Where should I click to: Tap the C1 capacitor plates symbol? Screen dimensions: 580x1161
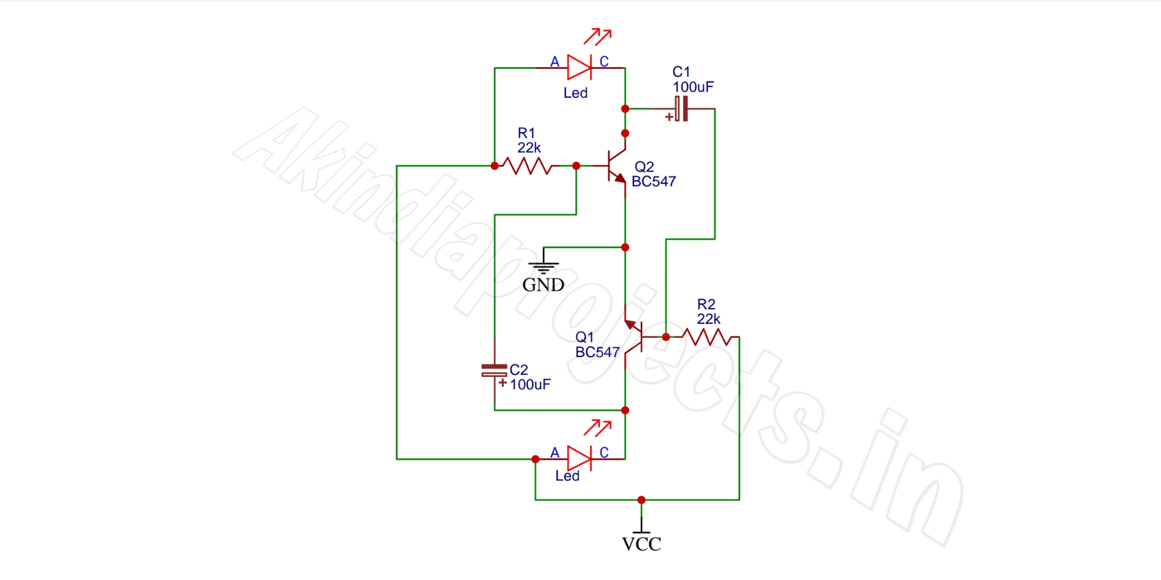coord(681,109)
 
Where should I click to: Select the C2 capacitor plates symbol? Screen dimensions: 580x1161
coord(494,370)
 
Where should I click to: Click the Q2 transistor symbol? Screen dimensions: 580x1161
coord(617,166)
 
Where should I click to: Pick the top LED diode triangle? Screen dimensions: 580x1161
coord(579,68)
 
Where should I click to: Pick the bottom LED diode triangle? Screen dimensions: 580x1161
coord(579,459)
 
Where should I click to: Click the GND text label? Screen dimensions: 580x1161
coord(543,285)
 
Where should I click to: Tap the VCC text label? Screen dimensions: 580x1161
coord(641,544)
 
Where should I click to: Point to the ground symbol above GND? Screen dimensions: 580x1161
coord(543,266)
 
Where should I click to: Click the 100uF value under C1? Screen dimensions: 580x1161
coord(693,87)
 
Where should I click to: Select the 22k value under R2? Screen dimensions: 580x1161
coord(708,319)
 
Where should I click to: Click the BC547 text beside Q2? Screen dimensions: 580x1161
coord(654,181)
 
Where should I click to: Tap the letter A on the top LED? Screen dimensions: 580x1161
coord(554,62)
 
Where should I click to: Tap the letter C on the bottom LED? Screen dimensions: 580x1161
coord(603,453)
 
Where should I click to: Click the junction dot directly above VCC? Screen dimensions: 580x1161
coord(642,500)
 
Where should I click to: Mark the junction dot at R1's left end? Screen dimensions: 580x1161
coord(495,166)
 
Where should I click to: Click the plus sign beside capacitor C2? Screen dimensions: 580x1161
coord(502,382)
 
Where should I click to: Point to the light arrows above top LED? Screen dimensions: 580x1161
coord(597,36)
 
